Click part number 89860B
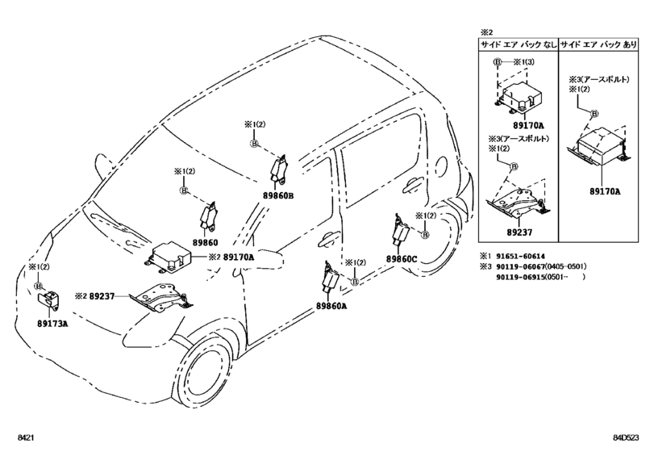pos(278,195)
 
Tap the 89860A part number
pos(331,306)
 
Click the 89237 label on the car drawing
pos(103,296)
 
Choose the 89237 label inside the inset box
pos(514,229)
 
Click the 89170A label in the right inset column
pos(603,191)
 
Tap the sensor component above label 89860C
pos(400,230)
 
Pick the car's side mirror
pos(272,260)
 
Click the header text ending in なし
pos(517,46)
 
